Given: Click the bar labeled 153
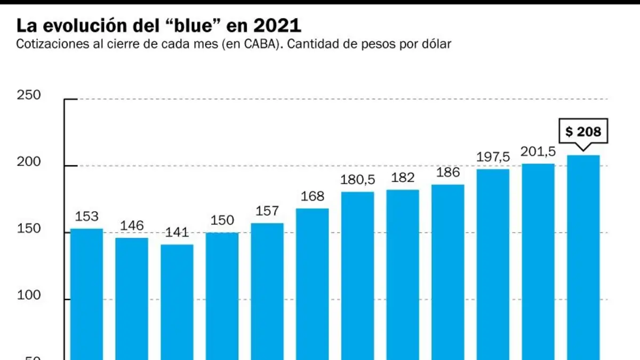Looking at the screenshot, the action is coord(86,294).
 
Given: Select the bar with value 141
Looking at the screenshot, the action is coord(177,302).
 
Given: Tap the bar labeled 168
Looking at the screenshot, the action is coord(313,284).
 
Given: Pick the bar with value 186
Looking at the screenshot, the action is coord(447,273).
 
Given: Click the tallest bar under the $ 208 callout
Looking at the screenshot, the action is coord(583,258).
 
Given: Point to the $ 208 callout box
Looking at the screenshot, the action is coord(583,131).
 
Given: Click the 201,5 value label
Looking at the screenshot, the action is coord(538,151).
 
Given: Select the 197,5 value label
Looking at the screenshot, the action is coord(493,157).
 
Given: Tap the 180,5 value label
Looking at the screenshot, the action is coord(357,180).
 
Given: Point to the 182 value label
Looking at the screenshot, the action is coord(403,178).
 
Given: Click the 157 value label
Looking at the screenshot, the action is coord(267,211).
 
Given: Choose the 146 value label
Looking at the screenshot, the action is coord(132,226).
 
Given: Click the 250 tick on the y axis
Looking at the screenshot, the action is coord(29,95).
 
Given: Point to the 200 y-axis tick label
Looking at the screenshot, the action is coord(29,162).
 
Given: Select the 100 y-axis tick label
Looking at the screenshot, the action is coord(29,295).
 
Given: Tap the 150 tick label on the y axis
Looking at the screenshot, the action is coord(29,229).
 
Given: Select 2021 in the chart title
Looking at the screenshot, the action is coord(277,26).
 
